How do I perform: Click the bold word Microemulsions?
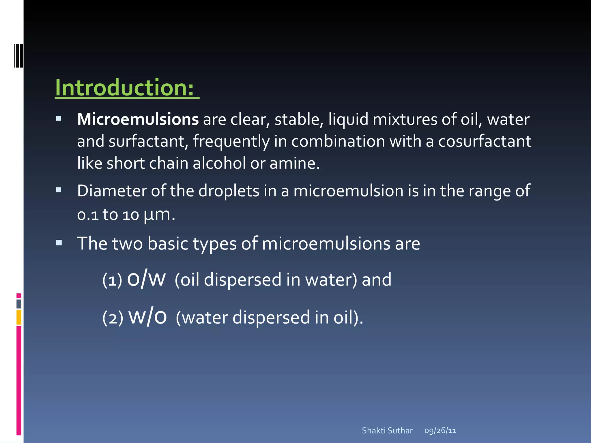138,119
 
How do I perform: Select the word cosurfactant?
485,141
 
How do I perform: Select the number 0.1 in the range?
88,215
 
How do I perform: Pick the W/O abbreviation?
147,317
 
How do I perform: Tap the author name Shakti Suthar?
387,431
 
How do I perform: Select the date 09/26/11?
440,431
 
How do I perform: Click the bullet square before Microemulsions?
59,118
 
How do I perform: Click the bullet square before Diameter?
59,190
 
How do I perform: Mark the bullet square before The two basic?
59,243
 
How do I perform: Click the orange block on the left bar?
19,317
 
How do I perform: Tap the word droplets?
229,191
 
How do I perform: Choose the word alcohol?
219,163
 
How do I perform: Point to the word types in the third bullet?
214,244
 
